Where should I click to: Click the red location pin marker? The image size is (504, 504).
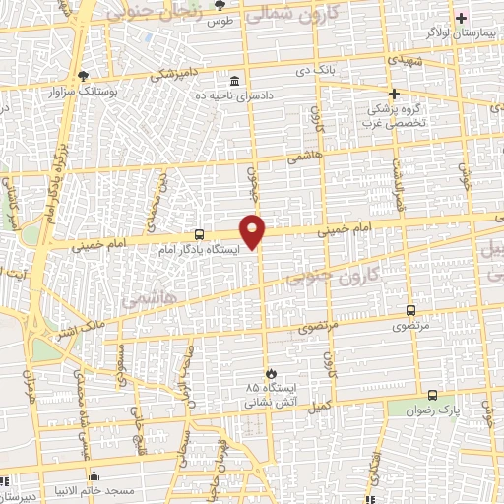point(254,230)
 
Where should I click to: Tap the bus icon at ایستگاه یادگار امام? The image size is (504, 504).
point(200,234)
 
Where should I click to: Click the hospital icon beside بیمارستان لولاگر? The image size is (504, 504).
point(461,18)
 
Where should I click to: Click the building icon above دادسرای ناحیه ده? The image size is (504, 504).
point(233,81)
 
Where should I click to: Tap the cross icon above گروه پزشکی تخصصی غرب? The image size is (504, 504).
point(394,94)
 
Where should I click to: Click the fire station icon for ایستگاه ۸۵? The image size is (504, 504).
point(263,372)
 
